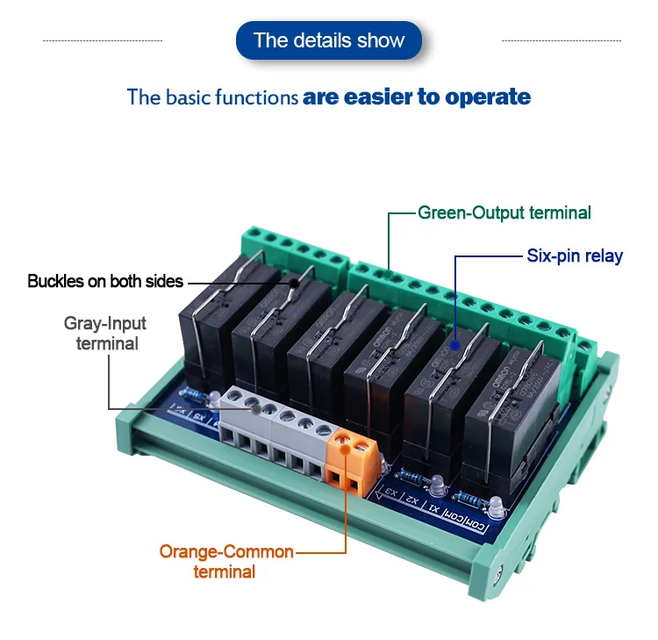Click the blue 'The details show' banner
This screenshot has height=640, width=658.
(329, 40)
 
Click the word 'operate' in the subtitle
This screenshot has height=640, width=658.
(488, 96)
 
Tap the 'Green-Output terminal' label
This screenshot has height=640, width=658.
(504, 212)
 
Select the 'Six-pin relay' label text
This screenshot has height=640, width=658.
(575, 256)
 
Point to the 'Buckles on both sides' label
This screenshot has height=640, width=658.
(105, 282)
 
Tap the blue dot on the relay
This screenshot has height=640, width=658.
(455, 345)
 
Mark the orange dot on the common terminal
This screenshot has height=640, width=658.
(346, 449)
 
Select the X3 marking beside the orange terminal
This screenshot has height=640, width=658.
(390, 493)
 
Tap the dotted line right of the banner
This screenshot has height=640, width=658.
(561, 40)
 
